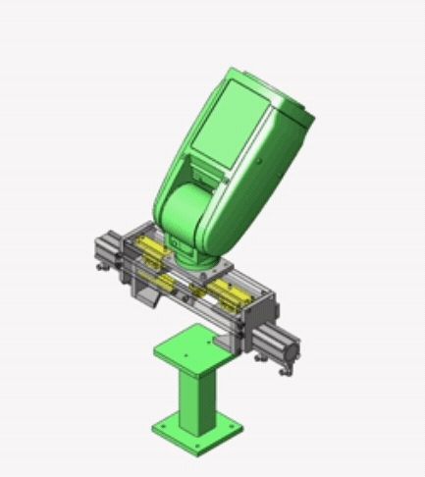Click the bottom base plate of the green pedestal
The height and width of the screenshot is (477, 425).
(x=196, y=432)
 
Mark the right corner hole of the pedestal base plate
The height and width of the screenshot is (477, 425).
(x=235, y=426)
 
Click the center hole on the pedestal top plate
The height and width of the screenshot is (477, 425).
(x=186, y=346)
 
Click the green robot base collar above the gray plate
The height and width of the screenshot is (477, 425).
(x=196, y=258)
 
